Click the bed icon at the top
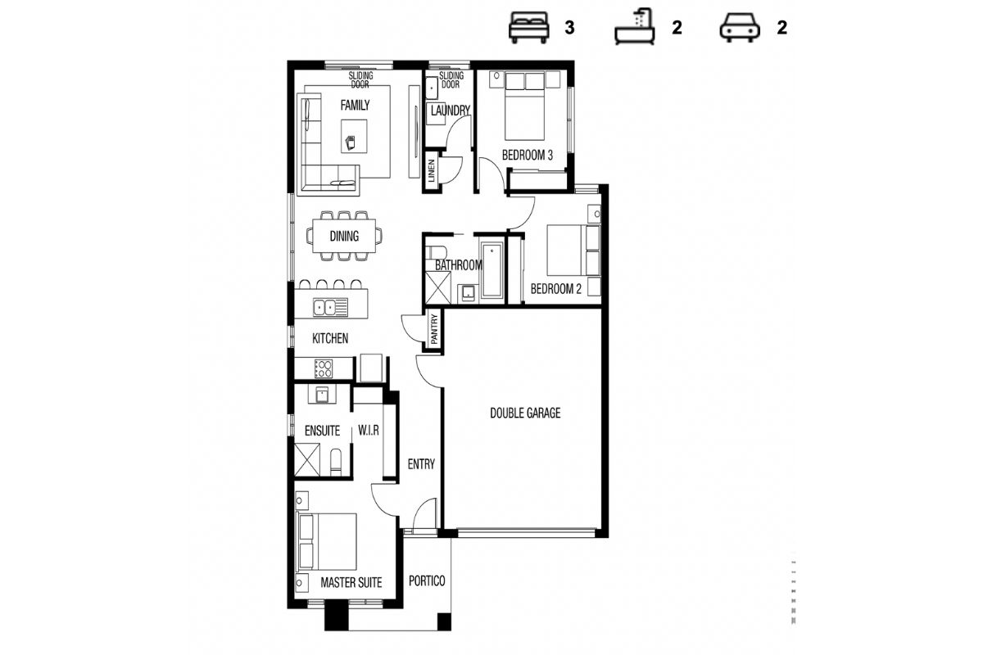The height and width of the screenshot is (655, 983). pyautogui.click(x=529, y=27)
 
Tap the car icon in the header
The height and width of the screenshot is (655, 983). pyautogui.click(x=740, y=28)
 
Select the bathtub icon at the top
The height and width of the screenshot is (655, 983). pyautogui.click(x=635, y=27)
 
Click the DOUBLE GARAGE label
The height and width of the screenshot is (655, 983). pyautogui.click(x=525, y=413)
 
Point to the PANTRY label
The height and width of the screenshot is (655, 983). pyautogui.click(x=434, y=329)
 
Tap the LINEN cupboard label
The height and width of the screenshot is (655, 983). pyautogui.click(x=431, y=170)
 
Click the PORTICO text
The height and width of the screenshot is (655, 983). pyautogui.click(x=427, y=580)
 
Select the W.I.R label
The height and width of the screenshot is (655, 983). pyautogui.click(x=368, y=431)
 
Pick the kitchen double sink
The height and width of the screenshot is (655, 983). pyautogui.click(x=330, y=307)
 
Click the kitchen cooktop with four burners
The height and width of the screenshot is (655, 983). pyautogui.click(x=324, y=368)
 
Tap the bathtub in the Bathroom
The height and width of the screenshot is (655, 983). pyautogui.click(x=491, y=270)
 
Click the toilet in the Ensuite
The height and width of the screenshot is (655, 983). pyautogui.click(x=336, y=462)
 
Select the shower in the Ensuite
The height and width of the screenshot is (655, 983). pyautogui.click(x=306, y=460)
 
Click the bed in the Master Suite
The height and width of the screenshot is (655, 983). pyautogui.click(x=328, y=541)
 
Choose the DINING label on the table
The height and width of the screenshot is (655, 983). pyautogui.click(x=345, y=236)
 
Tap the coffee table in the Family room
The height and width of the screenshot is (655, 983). pyautogui.click(x=354, y=136)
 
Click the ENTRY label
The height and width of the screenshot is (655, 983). pyautogui.click(x=421, y=463)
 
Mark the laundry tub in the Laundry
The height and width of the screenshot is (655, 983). pyautogui.click(x=432, y=88)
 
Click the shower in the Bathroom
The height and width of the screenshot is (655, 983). pyautogui.click(x=438, y=287)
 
